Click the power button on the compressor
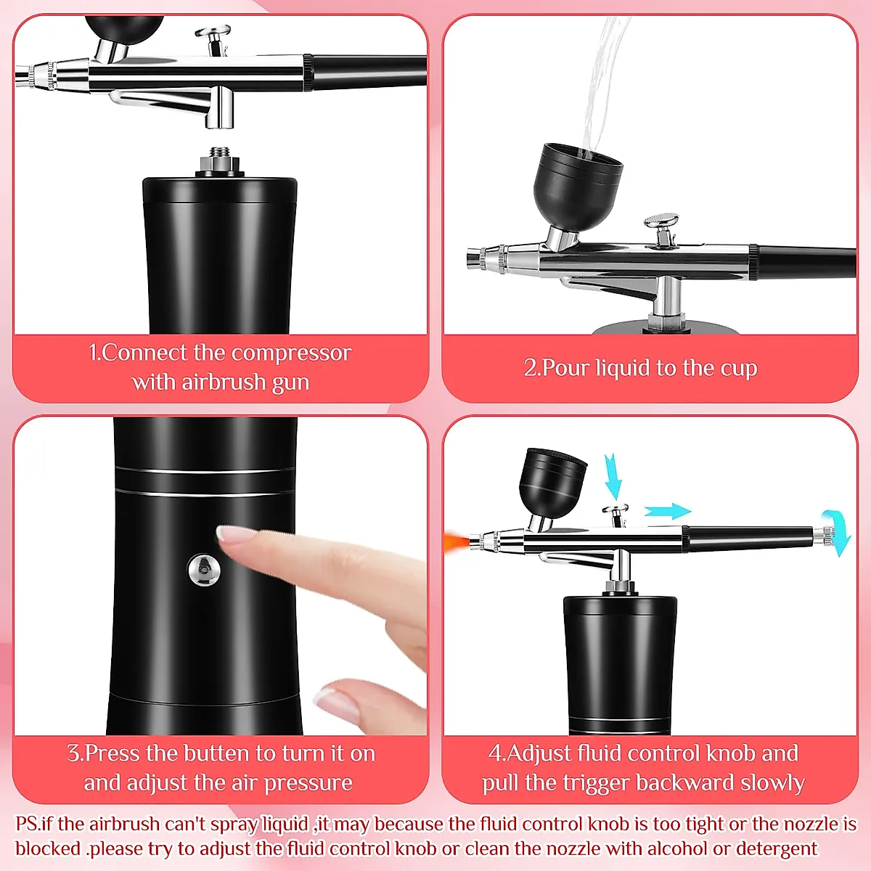point(205,569)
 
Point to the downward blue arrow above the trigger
point(613,476)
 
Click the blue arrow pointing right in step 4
point(667,511)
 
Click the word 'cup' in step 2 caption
point(738,369)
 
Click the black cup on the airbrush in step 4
point(555,481)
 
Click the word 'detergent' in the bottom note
point(776,848)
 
